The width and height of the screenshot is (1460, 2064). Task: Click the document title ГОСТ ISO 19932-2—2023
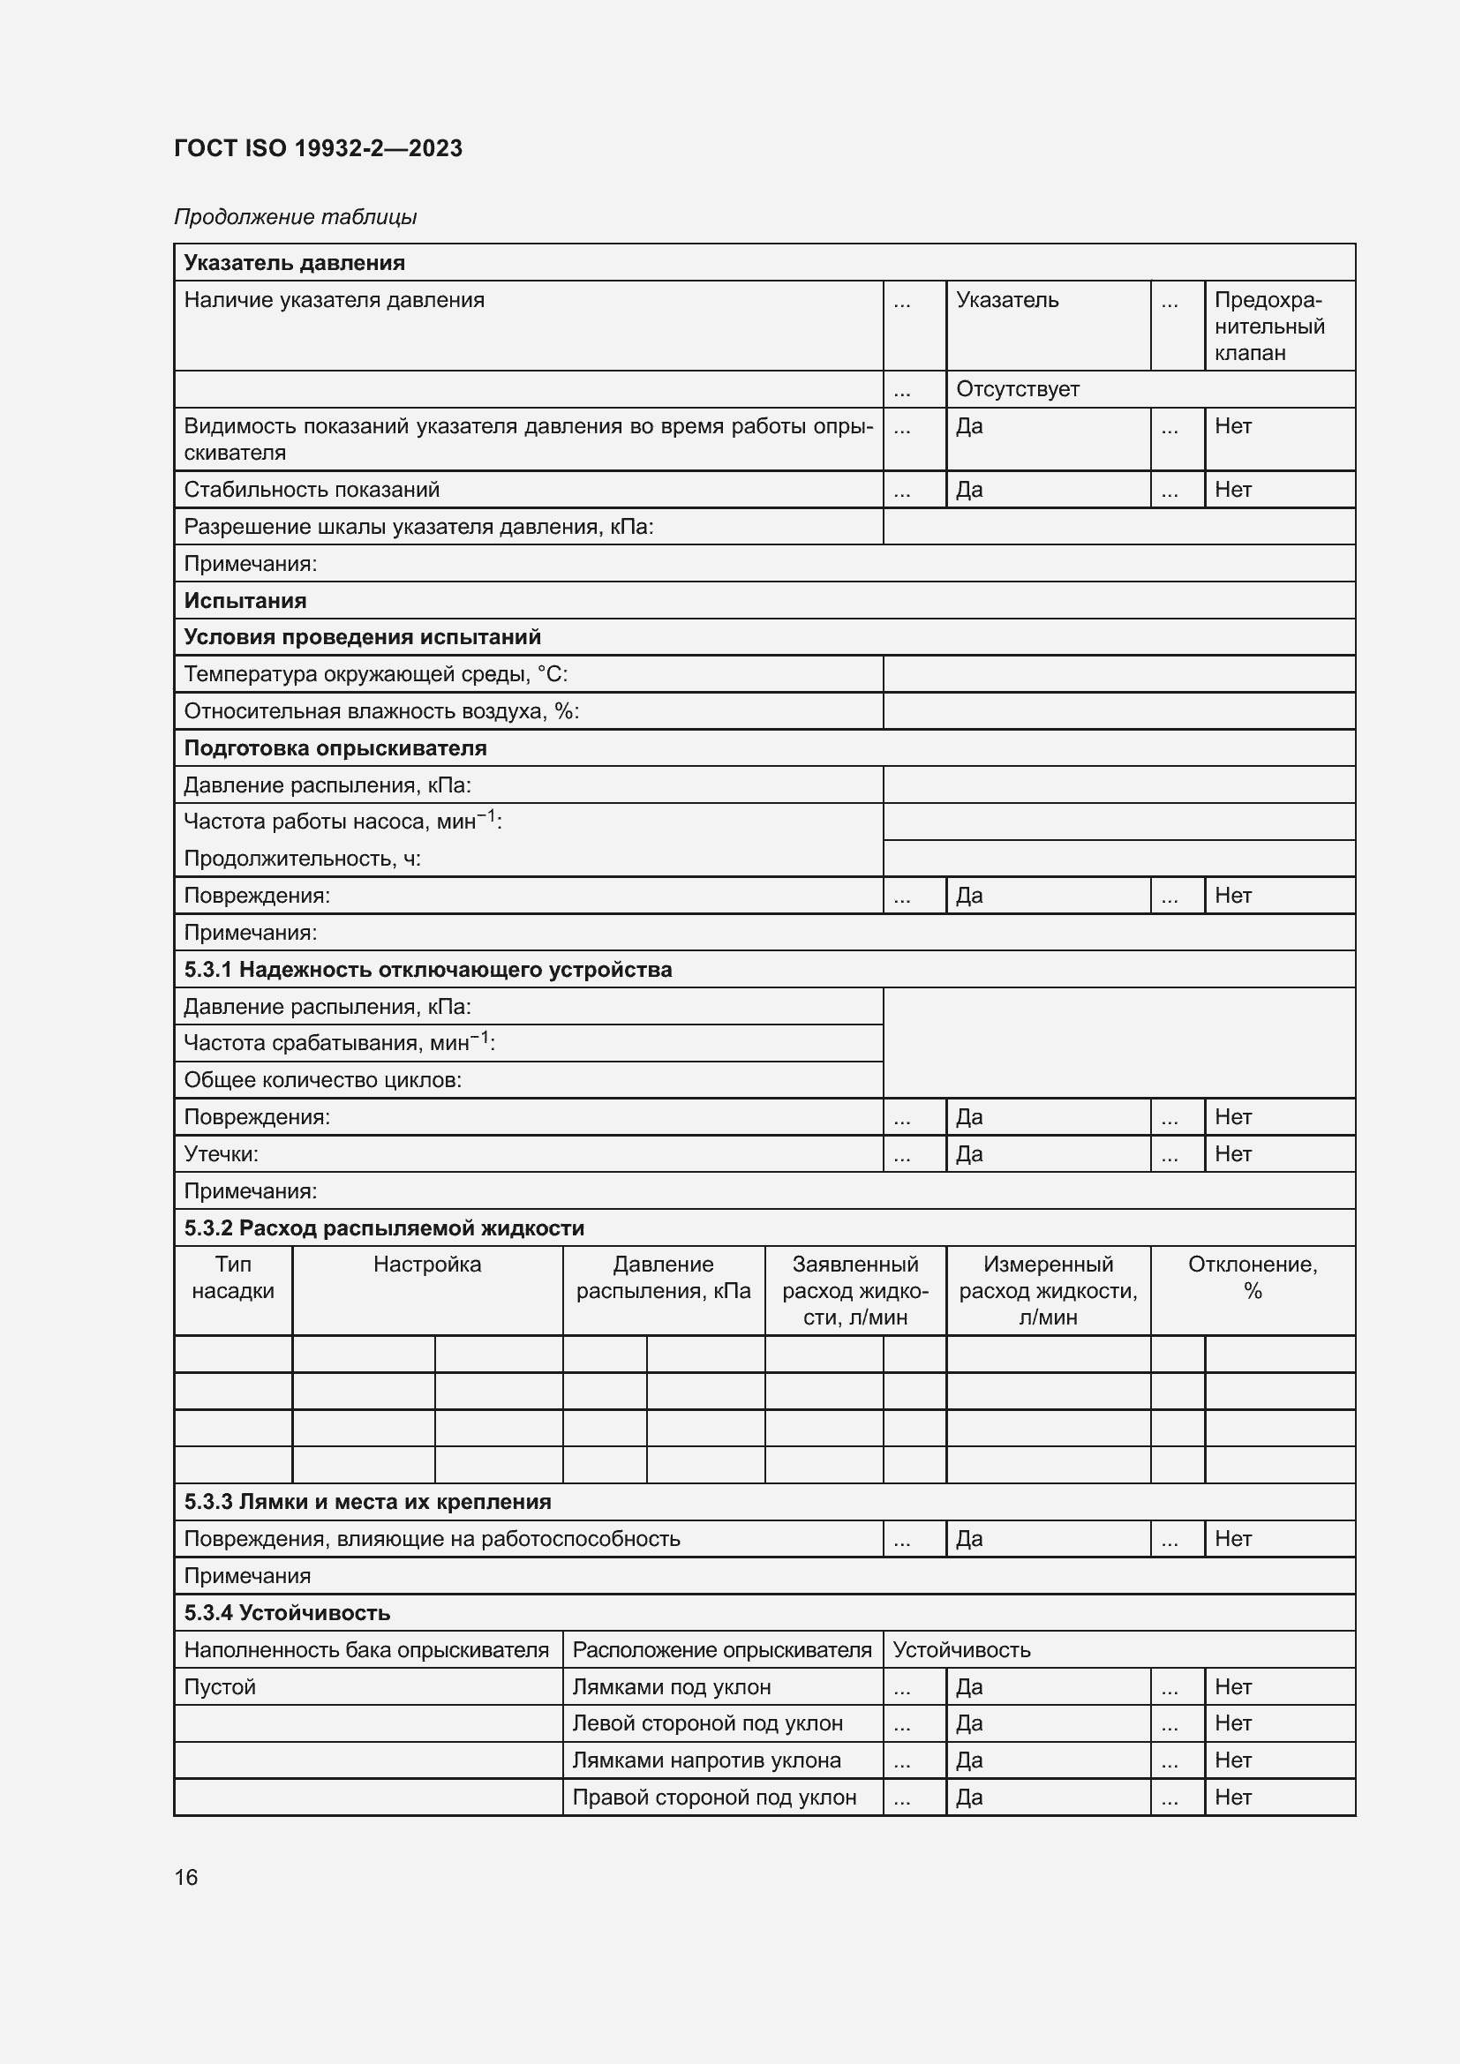pos(319,148)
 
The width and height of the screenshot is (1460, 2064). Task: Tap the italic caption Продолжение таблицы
pos(295,217)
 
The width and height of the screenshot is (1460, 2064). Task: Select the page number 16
pos(185,1877)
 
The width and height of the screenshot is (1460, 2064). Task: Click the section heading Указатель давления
pos(294,262)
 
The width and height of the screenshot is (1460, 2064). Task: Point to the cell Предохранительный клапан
pos(1268,326)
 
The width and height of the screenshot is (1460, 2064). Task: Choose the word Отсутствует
pos(1017,389)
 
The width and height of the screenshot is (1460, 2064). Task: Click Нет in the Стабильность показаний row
pos(1232,489)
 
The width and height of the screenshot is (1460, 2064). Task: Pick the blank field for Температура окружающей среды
pos(1118,674)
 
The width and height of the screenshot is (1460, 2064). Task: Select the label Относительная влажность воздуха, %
pos(381,711)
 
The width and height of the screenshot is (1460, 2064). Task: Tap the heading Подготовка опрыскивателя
pos(335,748)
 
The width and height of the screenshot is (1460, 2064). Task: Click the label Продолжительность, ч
pos(302,859)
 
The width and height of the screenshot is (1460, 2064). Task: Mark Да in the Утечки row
pos(969,1153)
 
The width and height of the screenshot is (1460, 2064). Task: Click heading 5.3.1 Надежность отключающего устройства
pos(428,969)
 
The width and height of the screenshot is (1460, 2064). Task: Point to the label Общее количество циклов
pos(322,1079)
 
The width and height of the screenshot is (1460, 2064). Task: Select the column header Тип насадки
pos(233,1278)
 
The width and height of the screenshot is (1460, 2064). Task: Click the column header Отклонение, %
pos(1252,1278)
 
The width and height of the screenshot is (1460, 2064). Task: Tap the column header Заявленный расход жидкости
pos(855,1290)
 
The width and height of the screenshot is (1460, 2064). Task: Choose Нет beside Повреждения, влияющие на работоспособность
pos(1232,1539)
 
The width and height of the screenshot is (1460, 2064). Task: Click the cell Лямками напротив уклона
pos(707,1760)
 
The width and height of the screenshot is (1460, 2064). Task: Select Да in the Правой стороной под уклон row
pos(969,1797)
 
